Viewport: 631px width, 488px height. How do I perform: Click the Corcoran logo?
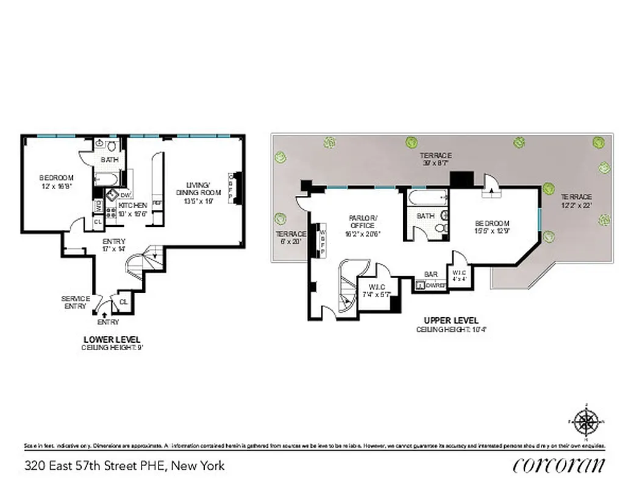tap(559, 465)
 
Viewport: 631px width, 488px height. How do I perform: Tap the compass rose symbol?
tap(586, 422)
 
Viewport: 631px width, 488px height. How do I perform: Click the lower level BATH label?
tap(110, 160)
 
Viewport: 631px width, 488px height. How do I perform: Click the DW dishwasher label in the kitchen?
tap(125, 195)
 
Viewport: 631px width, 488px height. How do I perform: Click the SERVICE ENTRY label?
tap(76, 303)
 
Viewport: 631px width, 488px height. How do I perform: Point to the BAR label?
tap(431, 274)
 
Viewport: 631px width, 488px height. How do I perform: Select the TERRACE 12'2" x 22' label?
tap(576, 201)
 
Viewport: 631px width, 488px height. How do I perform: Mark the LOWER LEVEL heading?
tap(112, 339)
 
